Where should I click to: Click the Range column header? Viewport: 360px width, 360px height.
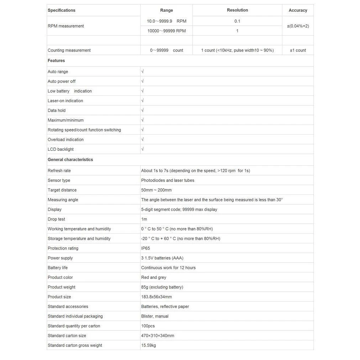(x=166, y=10)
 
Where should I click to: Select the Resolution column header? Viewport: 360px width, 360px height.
(x=237, y=10)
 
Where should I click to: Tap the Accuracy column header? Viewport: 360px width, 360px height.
(x=298, y=10)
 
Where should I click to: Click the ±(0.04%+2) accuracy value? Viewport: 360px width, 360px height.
(x=298, y=26)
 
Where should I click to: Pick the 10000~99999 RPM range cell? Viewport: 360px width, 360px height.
(x=166, y=31)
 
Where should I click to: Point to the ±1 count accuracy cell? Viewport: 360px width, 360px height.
(x=298, y=50)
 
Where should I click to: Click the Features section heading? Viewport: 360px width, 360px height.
(x=56, y=61)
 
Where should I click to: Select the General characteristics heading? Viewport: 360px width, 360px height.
(x=70, y=160)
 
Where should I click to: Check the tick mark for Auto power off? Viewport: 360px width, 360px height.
(x=142, y=81)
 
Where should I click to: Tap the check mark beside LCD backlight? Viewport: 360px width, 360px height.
(x=142, y=149)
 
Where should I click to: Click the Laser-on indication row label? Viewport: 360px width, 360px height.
(x=65, y=101)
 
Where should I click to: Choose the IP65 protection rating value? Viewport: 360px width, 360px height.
(x=146, y=248)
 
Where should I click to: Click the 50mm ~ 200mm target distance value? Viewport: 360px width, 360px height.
(x=156, y=190)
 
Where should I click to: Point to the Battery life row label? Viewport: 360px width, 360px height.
(x=58, y=268)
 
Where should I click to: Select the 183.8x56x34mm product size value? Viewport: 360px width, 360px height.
(x=156, y=297)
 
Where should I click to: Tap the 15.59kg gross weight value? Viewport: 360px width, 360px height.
(x=148, y=345)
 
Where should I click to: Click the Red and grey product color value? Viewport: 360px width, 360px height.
(x=153, y=277)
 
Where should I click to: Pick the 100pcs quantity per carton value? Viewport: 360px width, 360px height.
(x=148, y=326)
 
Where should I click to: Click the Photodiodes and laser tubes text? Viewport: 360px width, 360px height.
(x=168, y=181)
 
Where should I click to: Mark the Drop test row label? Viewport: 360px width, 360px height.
(x=56, y=219)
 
